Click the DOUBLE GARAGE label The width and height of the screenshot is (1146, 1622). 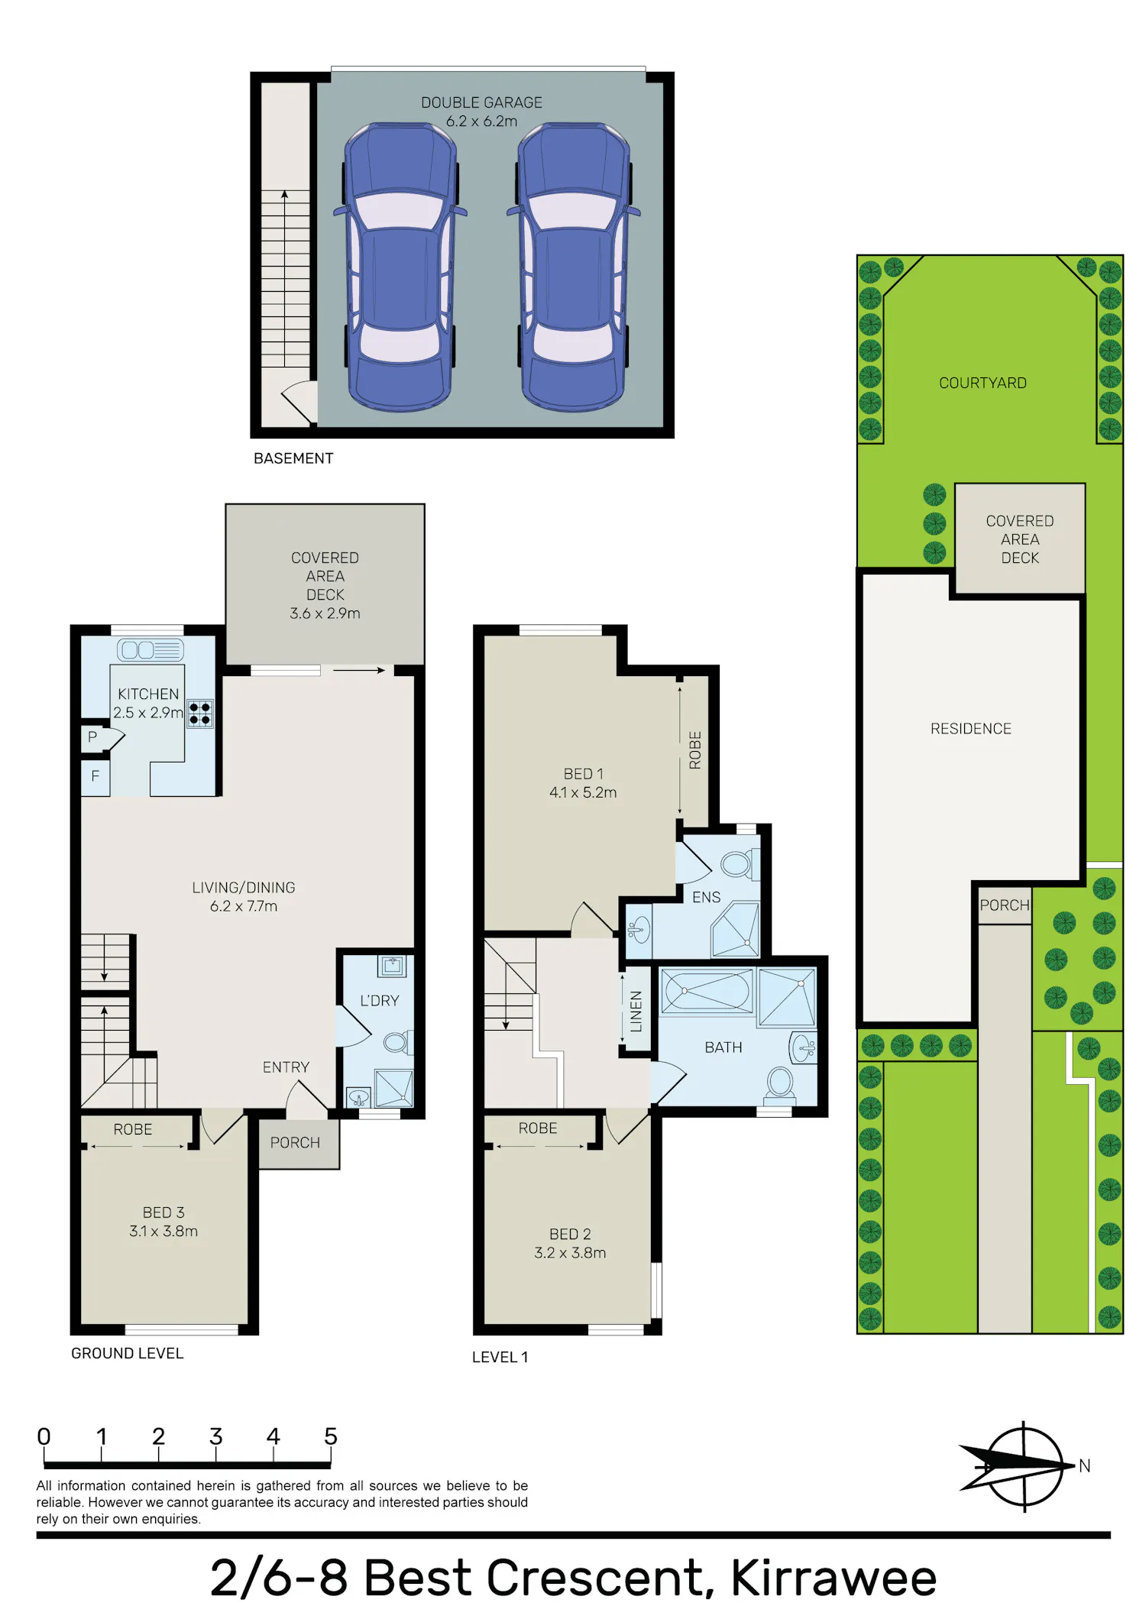[x=481, y=102]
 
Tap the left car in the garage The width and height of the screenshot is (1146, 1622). [x=400, y=267]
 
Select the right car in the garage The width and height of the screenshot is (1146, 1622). [x=573, y=267]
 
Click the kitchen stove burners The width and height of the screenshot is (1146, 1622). [x=200, y=714]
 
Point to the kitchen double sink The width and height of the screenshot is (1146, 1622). [x=151, y=650]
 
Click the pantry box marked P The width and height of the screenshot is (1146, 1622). [x=92, y=737]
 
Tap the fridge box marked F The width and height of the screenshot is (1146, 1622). [x=95, y=776]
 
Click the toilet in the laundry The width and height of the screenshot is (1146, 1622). [x=397, y=1041]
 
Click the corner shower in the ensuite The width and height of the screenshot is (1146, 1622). [x=736, y=929]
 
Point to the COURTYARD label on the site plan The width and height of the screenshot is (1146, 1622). [x=983, y=383]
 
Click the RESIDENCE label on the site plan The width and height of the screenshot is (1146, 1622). [x=971, y=729]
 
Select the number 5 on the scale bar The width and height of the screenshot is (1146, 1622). [x=331, y=1436]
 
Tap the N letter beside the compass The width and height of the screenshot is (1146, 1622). [x=1084, y=1465]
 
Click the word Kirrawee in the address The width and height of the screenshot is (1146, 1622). [x=834, y=1578]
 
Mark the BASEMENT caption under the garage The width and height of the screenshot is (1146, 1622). [x=293, y=458]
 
